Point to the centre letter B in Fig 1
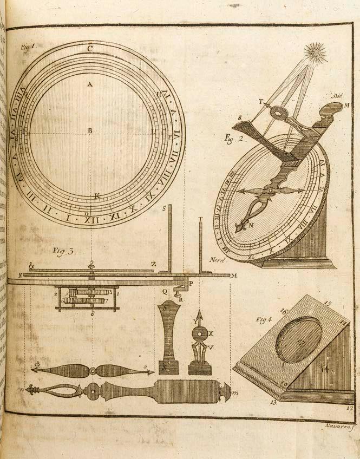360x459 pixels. point(90,130)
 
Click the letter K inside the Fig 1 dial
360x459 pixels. point(97,196)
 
